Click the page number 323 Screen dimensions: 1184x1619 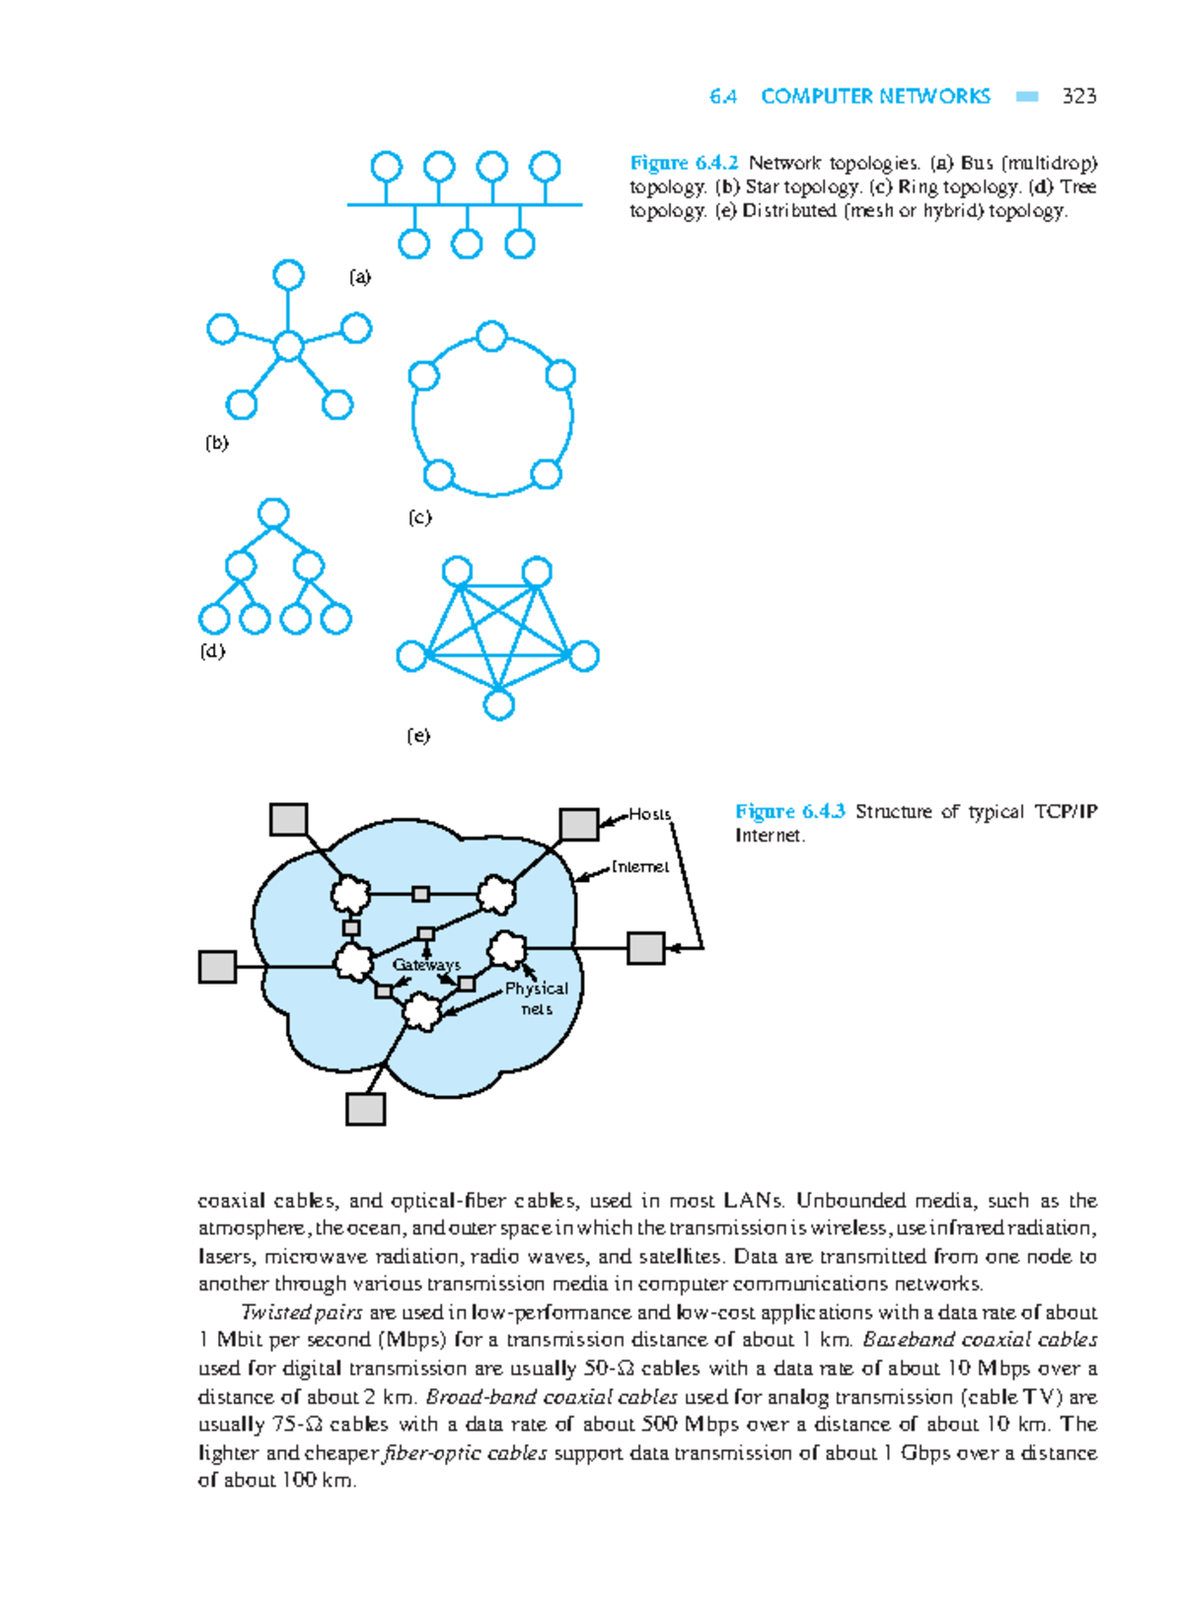coord(1078,97)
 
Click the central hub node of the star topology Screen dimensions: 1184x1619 coord(288,346)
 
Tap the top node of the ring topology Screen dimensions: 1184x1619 coord(491,336)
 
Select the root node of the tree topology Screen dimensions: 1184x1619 coord(273,513)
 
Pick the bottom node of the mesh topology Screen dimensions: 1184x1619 coord(499,704)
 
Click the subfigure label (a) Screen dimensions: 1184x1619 coord(360,277)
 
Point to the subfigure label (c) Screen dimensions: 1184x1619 coord(419,517)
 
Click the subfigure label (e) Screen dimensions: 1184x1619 coord(418,735)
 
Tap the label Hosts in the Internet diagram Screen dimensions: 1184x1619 coord(650,814)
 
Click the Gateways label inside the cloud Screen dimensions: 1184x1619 coord(426,965)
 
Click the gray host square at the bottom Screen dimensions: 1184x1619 coord(365,1108)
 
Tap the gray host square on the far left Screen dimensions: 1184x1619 coord(217,967)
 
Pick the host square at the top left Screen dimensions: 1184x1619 coord(289,819)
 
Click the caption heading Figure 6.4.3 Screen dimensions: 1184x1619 coord(789,811)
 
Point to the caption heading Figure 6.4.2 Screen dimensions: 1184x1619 coord(684,163)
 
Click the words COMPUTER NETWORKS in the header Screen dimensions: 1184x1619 coord(875,97)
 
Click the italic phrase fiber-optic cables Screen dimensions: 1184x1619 coord(465,1452)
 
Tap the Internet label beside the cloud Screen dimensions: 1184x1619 coord(640,866)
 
